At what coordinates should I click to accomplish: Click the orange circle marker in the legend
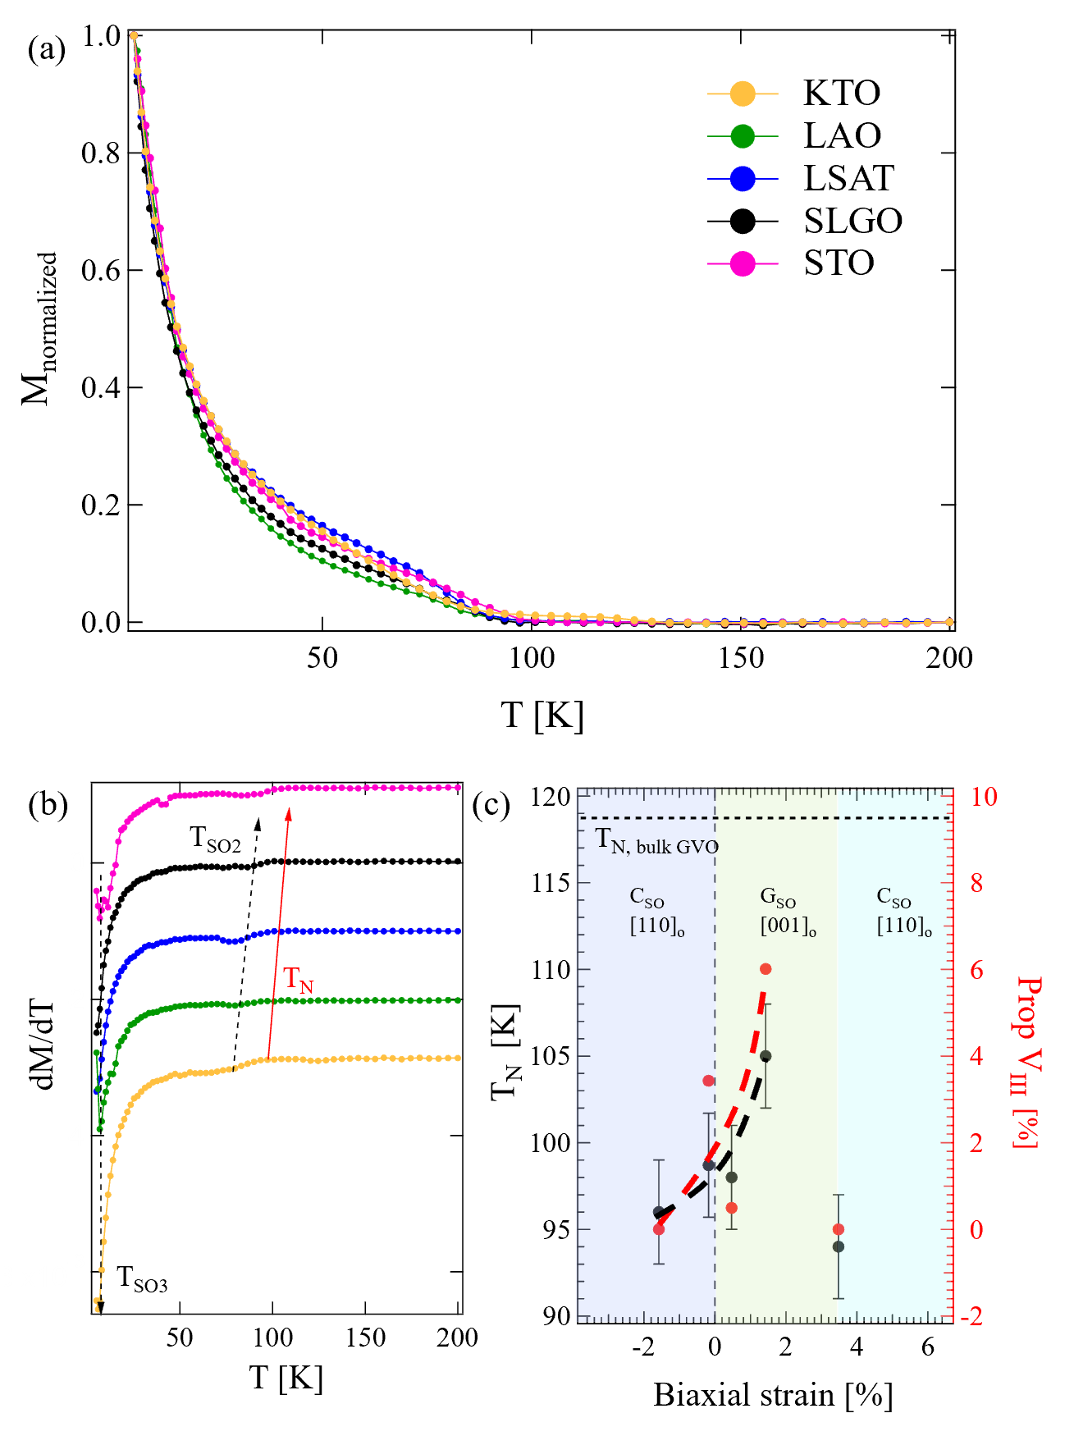742,94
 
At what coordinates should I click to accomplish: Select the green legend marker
742,136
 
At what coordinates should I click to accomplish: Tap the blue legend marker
742,178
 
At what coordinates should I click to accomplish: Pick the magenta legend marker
742,263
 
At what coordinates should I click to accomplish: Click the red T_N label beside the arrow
298,980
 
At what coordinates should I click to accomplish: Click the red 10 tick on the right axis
984,797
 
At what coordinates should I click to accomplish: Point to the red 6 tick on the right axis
976,970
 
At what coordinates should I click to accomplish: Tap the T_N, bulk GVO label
656,841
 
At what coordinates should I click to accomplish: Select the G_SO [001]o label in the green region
787,912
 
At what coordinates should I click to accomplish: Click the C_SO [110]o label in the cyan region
903,912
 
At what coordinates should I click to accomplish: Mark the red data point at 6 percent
766,969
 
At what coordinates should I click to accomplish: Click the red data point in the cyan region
838,1229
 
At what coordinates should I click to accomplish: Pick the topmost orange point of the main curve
134,35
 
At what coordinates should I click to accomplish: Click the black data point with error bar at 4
766,1056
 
